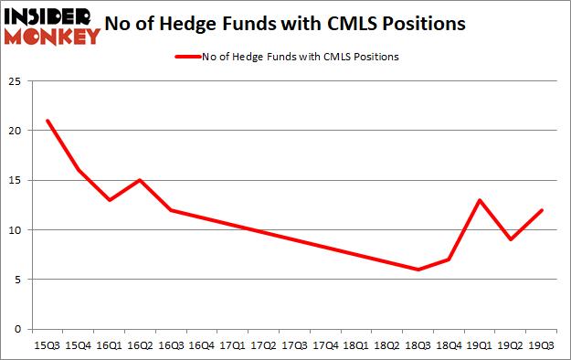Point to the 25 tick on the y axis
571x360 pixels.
[x=15, y=81]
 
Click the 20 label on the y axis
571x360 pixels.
[x=15, y=131]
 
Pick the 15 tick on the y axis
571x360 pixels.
[x=15, y=180]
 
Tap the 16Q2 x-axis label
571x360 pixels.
[x=139, y=346]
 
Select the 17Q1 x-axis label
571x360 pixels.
[x=232, y=346]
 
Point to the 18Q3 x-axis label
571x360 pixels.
[x=418, y=346]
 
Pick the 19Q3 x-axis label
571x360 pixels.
[x=541, y=346]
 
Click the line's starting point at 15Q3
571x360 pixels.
[x=47, y=121]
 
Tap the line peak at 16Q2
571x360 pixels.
[x=139, y=180]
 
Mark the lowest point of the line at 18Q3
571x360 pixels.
[x=418, y=270]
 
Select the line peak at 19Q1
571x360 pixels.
[x=480, y=200]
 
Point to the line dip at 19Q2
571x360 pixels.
[x=511, y=239]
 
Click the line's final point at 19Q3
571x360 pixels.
[x=542, y=210]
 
